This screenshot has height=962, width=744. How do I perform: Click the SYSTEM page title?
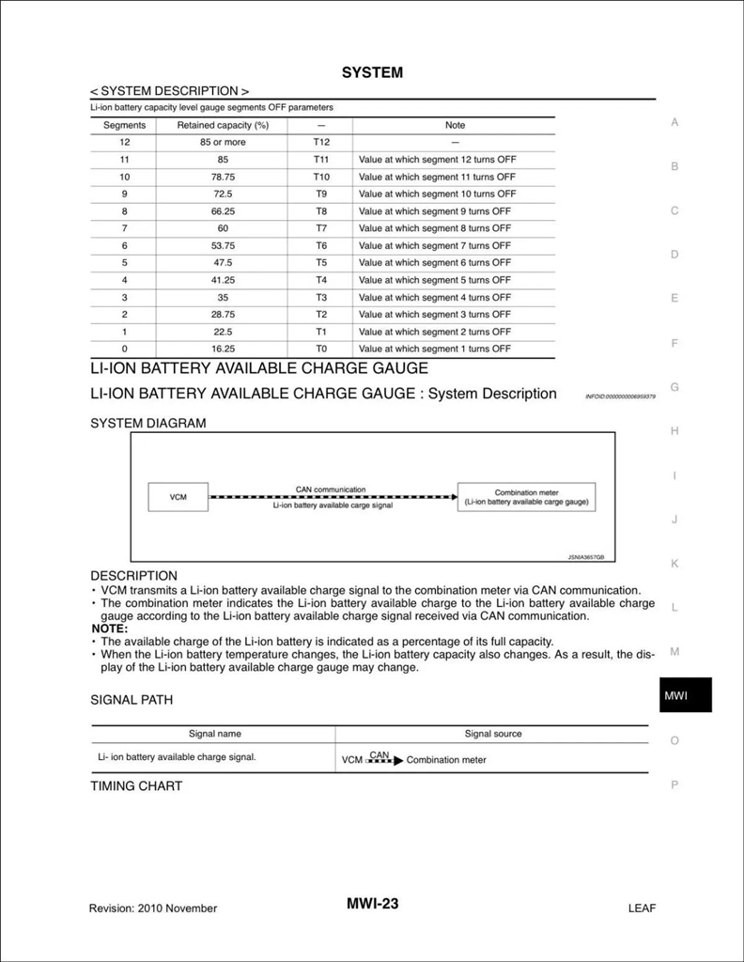point(372,72)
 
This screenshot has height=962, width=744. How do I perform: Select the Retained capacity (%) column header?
point(223,125)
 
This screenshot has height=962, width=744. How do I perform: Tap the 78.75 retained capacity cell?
point(223,177)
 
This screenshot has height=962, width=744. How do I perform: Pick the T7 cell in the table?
point(321,228)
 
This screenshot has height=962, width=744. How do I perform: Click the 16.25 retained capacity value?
point(223,349)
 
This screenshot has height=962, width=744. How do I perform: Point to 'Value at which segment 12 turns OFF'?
point(437,160)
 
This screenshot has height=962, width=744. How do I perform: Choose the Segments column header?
point(124,125)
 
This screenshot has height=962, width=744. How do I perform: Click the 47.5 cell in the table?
point(223,263)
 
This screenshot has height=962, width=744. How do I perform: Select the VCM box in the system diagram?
point(178,497)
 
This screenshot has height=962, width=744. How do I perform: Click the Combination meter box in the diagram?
point(526,497)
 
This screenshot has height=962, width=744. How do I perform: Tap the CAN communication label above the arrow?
point(331,489)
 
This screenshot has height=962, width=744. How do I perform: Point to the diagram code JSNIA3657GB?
point(585,556)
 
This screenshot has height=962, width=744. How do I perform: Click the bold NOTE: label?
point(110,628)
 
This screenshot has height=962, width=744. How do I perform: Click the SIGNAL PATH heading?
point(132,700)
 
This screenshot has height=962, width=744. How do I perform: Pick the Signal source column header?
point(493,734)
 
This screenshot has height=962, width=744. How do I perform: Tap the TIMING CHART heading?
point(136,785)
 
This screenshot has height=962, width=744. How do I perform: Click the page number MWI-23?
point(372,904)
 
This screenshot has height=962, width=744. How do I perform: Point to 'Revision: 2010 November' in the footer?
point(153,908)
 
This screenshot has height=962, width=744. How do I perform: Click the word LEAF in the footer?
point(642,908)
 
